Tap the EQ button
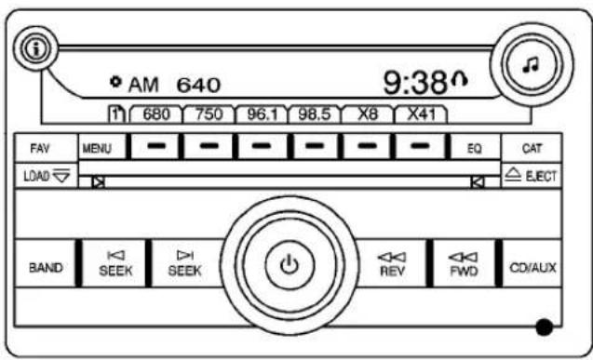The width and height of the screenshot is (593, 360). tap(475, 148)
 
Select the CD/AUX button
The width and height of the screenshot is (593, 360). tap(532, 267)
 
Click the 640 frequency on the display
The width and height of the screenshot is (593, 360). tap(198, 87)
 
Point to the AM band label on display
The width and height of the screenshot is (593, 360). tap(144, 87)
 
